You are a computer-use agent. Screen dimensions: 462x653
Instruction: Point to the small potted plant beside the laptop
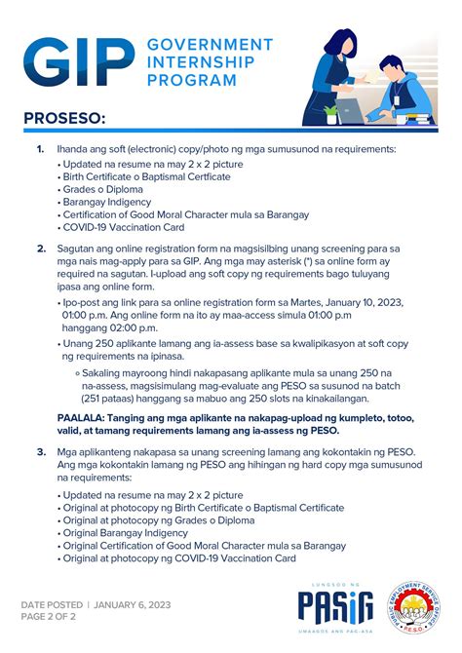pyautogui.click(x=332, y=111)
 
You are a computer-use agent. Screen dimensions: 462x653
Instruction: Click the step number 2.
pyautogui.click(x=41, y=250)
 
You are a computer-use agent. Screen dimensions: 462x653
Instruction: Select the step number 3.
pyautogui.click(x=41, y=451)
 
